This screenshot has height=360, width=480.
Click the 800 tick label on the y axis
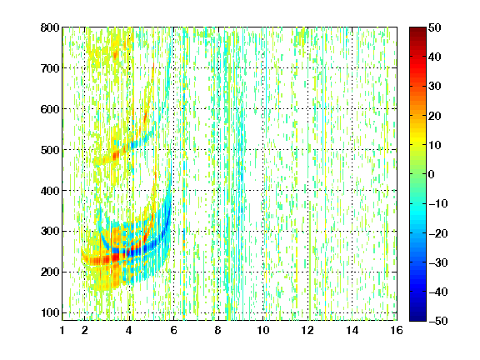point(50,27)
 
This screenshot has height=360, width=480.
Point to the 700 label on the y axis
point(50,68)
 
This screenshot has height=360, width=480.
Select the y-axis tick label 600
point(50,109)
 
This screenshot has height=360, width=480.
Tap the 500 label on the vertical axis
point(50,150)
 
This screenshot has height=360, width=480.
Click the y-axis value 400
point(50,191)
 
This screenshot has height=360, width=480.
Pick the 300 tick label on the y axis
point(50,231)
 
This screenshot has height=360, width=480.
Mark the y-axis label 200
point(50,272)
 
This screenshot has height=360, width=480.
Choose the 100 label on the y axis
point(50,312)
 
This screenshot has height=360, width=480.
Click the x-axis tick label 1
point(62,330)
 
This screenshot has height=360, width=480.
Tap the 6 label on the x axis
point(173,330)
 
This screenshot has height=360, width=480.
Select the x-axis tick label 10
point(262,330)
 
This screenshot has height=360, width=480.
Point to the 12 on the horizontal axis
point(307,330)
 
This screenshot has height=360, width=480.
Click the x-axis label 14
point(352,330)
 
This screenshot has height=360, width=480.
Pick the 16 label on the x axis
point(397,330)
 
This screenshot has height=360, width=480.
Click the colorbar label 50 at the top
point(434,27)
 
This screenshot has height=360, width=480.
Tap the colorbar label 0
point(431,174)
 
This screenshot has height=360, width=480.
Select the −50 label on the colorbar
point(438,321)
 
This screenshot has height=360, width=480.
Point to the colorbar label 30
point(434,87)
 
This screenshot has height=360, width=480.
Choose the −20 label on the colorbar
point(438,233)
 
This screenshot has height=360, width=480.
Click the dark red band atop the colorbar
point(417,32)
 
